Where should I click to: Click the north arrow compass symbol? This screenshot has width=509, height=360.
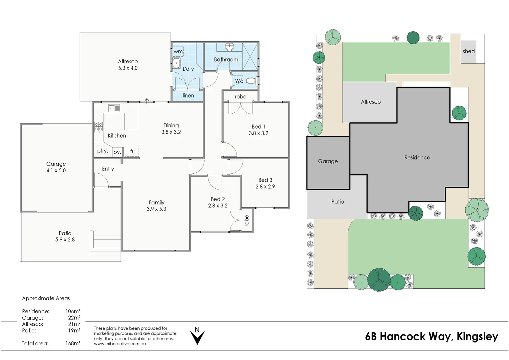(x=197, y=336)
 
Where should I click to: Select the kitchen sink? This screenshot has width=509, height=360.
(x=114, y=108)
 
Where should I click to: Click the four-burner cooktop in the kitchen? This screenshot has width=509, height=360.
(x=99, y=127)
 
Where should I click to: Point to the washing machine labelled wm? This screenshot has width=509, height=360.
(x=178, y=51)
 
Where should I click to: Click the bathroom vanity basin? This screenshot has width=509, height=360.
(x=230, y=47)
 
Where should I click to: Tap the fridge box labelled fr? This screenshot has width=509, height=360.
(x=132, y=151)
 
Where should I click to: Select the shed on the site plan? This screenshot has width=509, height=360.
(x=468, y=51)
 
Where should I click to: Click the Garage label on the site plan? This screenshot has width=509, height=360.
(x=328, y=161)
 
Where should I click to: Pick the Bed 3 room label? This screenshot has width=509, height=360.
(x=265, y=180)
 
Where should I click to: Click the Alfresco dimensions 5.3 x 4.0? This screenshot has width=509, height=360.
(x=128, y=68)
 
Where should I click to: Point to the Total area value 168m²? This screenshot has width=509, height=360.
(x=73, y=343)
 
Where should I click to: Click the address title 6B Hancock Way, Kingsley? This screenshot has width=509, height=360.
(x=431, y=336)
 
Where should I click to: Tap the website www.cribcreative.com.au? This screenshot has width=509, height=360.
(x=120, y=344)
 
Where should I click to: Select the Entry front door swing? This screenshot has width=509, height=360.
(x=101, y=181)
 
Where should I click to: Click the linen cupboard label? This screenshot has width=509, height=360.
(x=188, y=96)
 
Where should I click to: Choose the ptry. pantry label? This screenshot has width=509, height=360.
(x=103, y=151)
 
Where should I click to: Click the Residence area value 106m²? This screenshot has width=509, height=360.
(x=73, y=311)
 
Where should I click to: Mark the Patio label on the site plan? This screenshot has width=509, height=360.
(x=337, y=202)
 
